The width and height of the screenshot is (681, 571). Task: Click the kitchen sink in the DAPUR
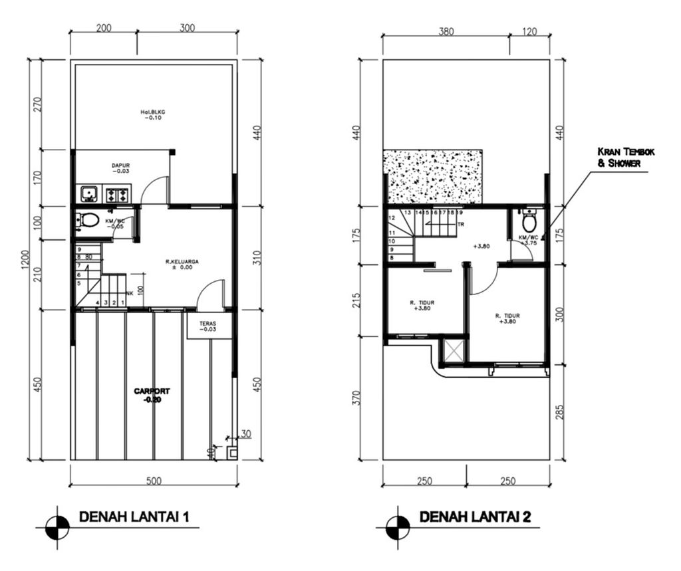(88, 195)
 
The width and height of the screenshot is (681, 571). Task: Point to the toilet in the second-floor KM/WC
(529, 222)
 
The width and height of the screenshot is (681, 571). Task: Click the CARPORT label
(152, 395)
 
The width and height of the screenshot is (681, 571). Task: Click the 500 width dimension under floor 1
(154, 481)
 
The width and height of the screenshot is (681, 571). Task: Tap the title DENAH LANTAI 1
(136, 516)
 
